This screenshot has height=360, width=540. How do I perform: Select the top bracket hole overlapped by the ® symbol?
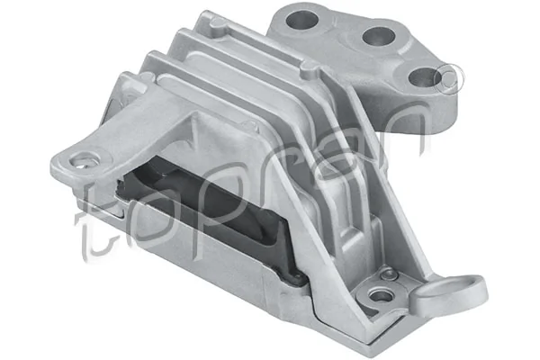(x=423, y=77)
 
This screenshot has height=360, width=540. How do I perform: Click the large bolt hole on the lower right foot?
(x=382, y=294)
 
